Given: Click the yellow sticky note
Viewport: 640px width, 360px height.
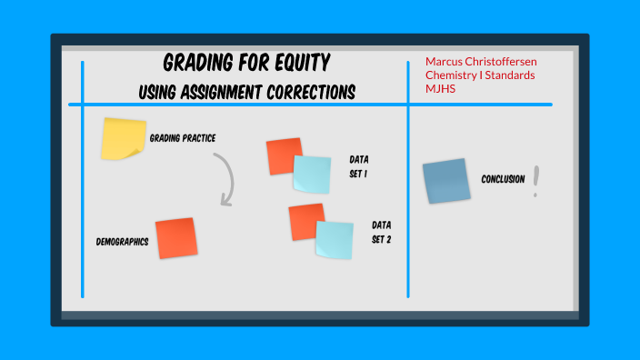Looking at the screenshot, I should tap(123, 138).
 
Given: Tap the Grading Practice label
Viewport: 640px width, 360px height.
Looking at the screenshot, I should tap(182, 138).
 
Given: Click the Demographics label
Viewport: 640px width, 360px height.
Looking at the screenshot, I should tap(122, 242).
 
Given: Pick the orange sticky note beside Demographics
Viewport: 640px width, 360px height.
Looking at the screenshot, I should tap(175, 237).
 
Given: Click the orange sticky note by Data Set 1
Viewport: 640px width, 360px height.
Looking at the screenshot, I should tap(283, 155).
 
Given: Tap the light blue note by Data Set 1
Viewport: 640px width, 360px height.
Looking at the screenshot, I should tap(312, 174).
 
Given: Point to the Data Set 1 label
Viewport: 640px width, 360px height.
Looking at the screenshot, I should tap(359, 165).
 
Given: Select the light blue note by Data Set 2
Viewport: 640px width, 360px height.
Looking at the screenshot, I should tap(334, 239).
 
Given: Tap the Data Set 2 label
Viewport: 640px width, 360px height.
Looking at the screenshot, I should tap(381, 232).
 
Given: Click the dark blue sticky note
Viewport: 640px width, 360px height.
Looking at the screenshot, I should tap(446, 180).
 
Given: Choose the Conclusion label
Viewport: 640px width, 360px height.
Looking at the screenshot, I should tap(503, 179).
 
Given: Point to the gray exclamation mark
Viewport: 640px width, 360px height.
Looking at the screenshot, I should tap(536, 181).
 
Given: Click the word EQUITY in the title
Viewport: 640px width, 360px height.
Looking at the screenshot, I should tap(298, 63).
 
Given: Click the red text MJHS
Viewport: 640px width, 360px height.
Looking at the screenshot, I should tap(440, 88).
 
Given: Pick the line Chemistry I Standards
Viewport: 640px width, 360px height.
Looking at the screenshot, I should tap(480, 75).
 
